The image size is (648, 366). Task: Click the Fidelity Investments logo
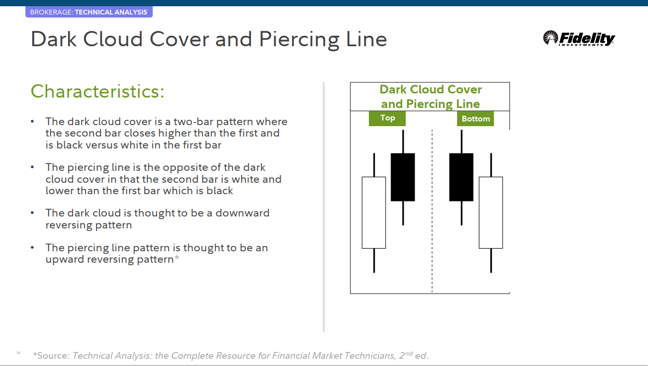point(579,38)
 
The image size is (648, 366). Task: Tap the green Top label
point(387,118)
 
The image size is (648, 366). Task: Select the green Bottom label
point(475,119)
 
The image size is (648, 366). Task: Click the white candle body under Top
point(374,212)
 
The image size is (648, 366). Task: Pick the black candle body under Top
point(403,177)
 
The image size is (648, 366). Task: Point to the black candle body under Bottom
point(461,177)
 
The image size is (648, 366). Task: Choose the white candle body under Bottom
point(491,212)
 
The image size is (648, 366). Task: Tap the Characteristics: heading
point(98,91)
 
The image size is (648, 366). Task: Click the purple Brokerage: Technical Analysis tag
point(89,12)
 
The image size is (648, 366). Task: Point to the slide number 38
point(18,353)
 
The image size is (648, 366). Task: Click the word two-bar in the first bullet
point(198,122)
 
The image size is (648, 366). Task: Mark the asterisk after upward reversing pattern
point(177,258)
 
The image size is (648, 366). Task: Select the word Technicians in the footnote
point(363,356)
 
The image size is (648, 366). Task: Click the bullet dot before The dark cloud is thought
point(33,213)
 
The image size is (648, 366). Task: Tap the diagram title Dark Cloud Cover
point(431,90)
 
